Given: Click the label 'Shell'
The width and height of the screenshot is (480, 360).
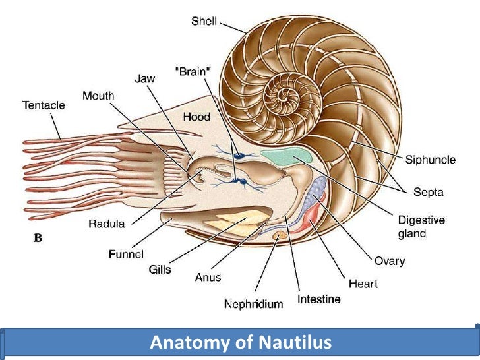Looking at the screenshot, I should pos(204,22).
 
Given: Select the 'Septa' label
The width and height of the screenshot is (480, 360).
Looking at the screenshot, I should pos(429,193).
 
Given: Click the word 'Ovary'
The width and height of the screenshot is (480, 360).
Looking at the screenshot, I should pos(389,261).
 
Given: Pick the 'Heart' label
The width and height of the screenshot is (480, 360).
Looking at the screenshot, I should pos(363,284).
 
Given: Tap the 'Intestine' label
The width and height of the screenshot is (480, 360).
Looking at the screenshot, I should pos(319,299).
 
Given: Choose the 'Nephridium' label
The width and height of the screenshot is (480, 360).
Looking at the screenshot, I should pos(253,304).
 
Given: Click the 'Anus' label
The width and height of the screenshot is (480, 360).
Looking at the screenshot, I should pos(208,278).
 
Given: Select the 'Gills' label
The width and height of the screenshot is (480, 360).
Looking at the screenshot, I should pos(160,269).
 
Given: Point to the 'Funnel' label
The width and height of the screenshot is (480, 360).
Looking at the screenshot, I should pos(126,253).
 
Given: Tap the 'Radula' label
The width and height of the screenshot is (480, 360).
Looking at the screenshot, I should pos(106,224).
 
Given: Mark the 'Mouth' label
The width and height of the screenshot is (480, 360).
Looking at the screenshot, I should pos(98,96).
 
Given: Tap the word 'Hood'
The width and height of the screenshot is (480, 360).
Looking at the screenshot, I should pos(196,117).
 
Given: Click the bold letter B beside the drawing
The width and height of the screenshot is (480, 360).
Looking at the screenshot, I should pos(38,239).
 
